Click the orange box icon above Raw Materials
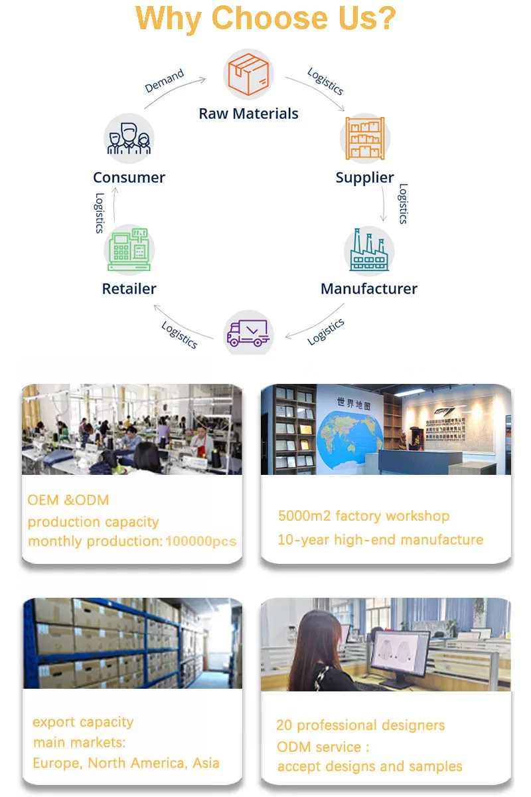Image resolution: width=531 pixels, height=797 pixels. (x=248, y=74)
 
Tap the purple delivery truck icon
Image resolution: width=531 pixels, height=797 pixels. (x=248, y=333)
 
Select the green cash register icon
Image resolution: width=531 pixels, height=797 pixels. (x=130, y=250)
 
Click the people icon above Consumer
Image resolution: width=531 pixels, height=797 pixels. (x=129, y=139)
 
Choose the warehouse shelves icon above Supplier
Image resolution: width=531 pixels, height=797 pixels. (x=364, y=138)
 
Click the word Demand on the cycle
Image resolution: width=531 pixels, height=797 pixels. (x=164, y=81)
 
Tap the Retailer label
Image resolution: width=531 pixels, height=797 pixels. (x=129, y=289)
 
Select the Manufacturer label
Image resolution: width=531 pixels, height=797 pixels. (x=369, y=289)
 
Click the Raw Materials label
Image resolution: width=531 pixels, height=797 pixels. (x=248, y=114)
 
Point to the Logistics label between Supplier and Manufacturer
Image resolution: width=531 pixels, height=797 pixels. (x=402, y=204)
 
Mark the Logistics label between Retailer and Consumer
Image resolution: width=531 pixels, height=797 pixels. (x=100, y=213)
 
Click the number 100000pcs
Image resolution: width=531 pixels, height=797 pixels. (x=200, y=541)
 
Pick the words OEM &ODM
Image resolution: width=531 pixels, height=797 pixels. (x=68, y=500)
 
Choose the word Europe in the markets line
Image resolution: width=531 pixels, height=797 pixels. (x=57, y=763)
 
